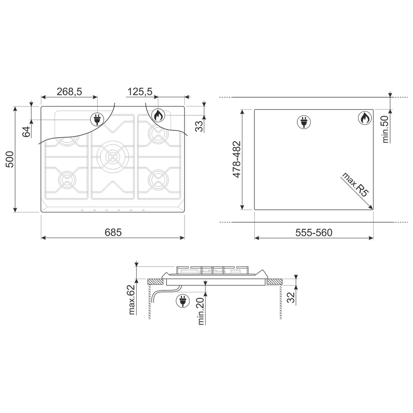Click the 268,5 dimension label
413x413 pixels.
point(69,92)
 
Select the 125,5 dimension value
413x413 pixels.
point(140,92)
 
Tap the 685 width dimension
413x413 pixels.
point(113,232)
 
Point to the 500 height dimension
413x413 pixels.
point(10,159)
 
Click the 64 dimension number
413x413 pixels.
point(26,132)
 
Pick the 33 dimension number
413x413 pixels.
point(200,126)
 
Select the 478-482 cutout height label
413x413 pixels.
point(236,159)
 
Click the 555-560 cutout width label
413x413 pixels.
point(314,233)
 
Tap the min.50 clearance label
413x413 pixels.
point(385,129)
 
